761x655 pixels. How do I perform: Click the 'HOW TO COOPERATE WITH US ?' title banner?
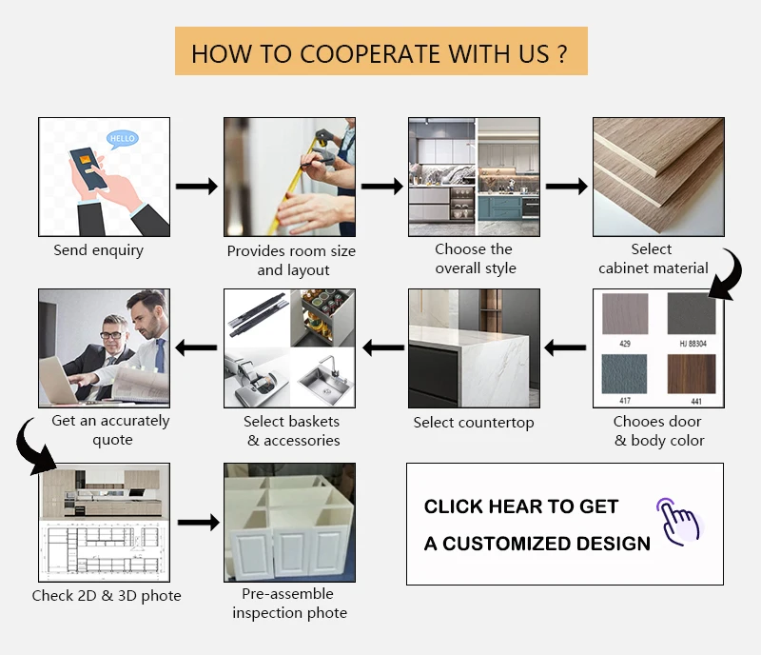[x=380, y=51]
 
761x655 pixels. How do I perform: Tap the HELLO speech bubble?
[x=123, y=139]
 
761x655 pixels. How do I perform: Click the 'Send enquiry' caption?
[x=99, y=250]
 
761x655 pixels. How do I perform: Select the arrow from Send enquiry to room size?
[x=198, y=187]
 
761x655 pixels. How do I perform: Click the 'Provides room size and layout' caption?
[x=291, y=261]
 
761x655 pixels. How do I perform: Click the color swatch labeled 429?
[x=625, y=313]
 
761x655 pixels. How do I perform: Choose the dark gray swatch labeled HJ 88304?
[x=692, y=313]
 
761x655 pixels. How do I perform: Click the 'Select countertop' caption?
[x=474, y=423]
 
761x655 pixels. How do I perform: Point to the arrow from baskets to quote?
[x=197, y=347]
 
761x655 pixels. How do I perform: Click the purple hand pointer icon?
[x=678, y=520]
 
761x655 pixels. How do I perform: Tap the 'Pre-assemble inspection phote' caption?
[x=290, y=604]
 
